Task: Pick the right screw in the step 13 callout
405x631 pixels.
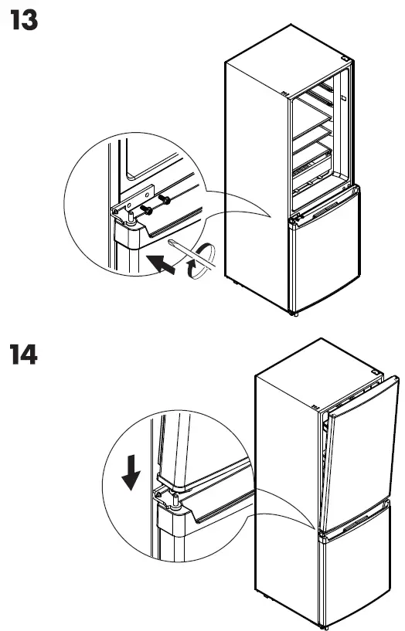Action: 164,202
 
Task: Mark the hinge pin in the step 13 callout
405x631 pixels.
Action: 132,219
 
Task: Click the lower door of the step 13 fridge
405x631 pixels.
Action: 325,255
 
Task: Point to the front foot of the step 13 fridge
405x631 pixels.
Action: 293,312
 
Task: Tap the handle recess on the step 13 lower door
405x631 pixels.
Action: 325,212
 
